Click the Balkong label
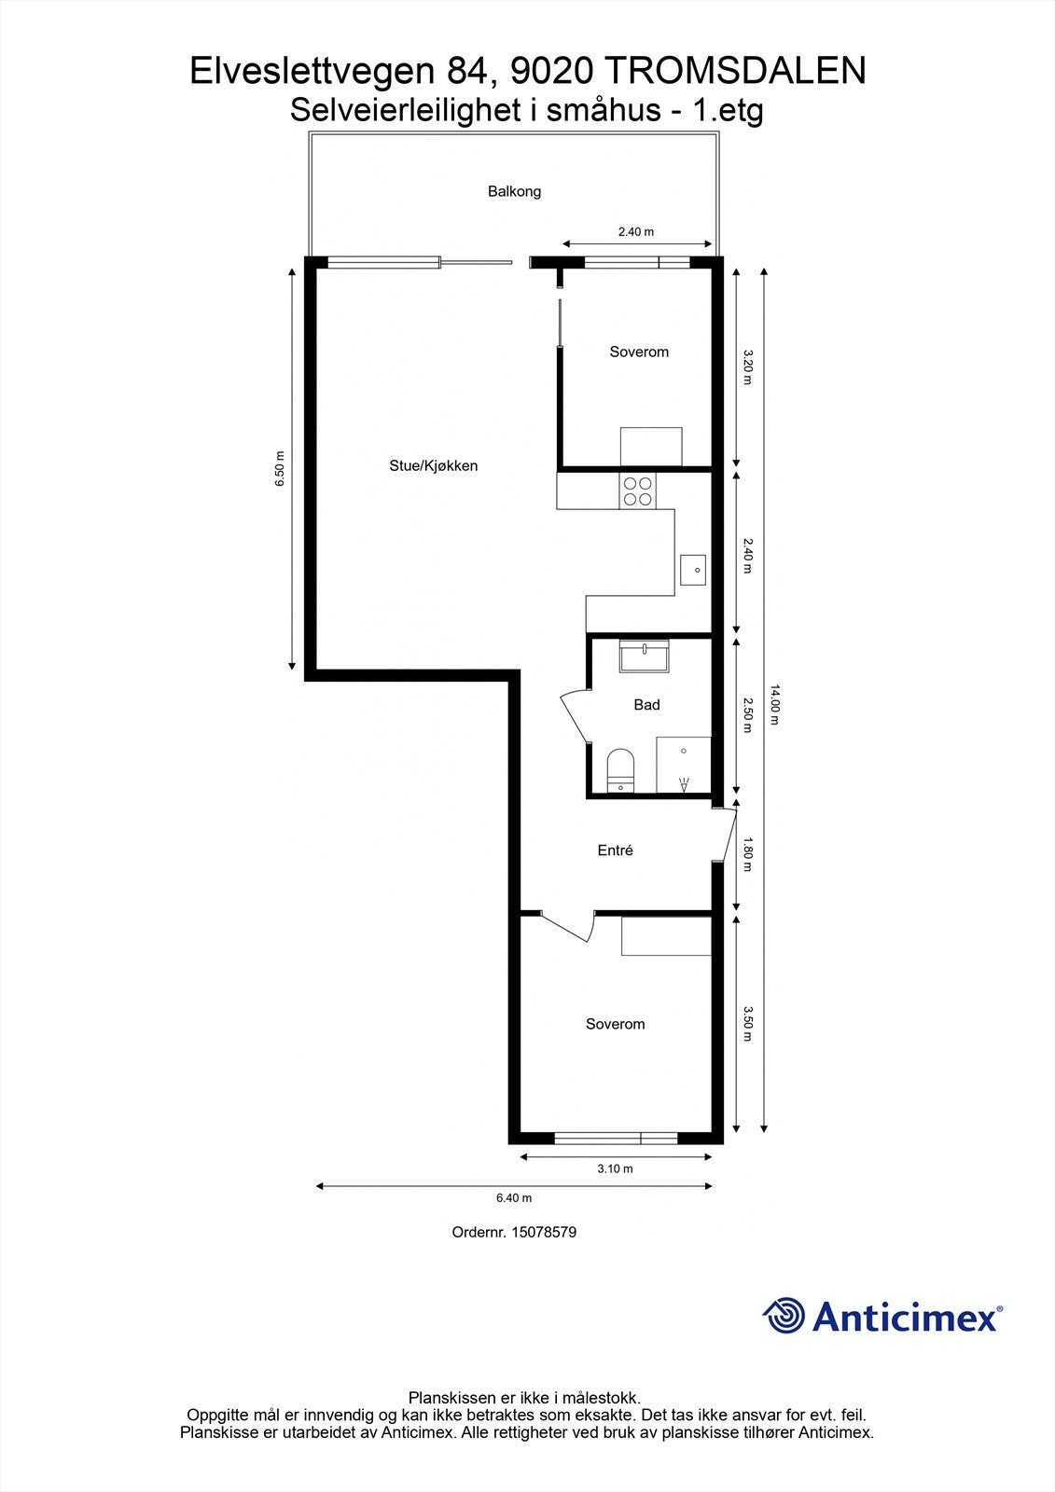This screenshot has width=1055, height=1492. click(x=514, y=191)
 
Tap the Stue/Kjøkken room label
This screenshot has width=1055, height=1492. click(x=433, y=465)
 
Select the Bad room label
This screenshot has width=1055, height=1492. click(x=646, y=705)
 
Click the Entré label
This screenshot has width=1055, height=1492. click(x=615, y=850)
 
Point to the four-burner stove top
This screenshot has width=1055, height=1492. click(x=638, y=490)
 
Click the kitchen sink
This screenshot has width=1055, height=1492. click(x=693, y=569)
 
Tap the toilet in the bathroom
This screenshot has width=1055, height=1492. click(x=620, y=769)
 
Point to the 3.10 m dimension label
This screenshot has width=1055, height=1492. click(x=615, y=1169)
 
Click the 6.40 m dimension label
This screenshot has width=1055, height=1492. click(x=513, y=1198)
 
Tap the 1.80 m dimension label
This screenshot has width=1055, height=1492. click(x=747, y=854)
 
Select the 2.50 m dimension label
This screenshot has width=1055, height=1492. click(x=747, y=715)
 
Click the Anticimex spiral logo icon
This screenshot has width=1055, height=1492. click(x=784, y=1316)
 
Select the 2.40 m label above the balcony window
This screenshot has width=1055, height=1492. click(x=636, y=232)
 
